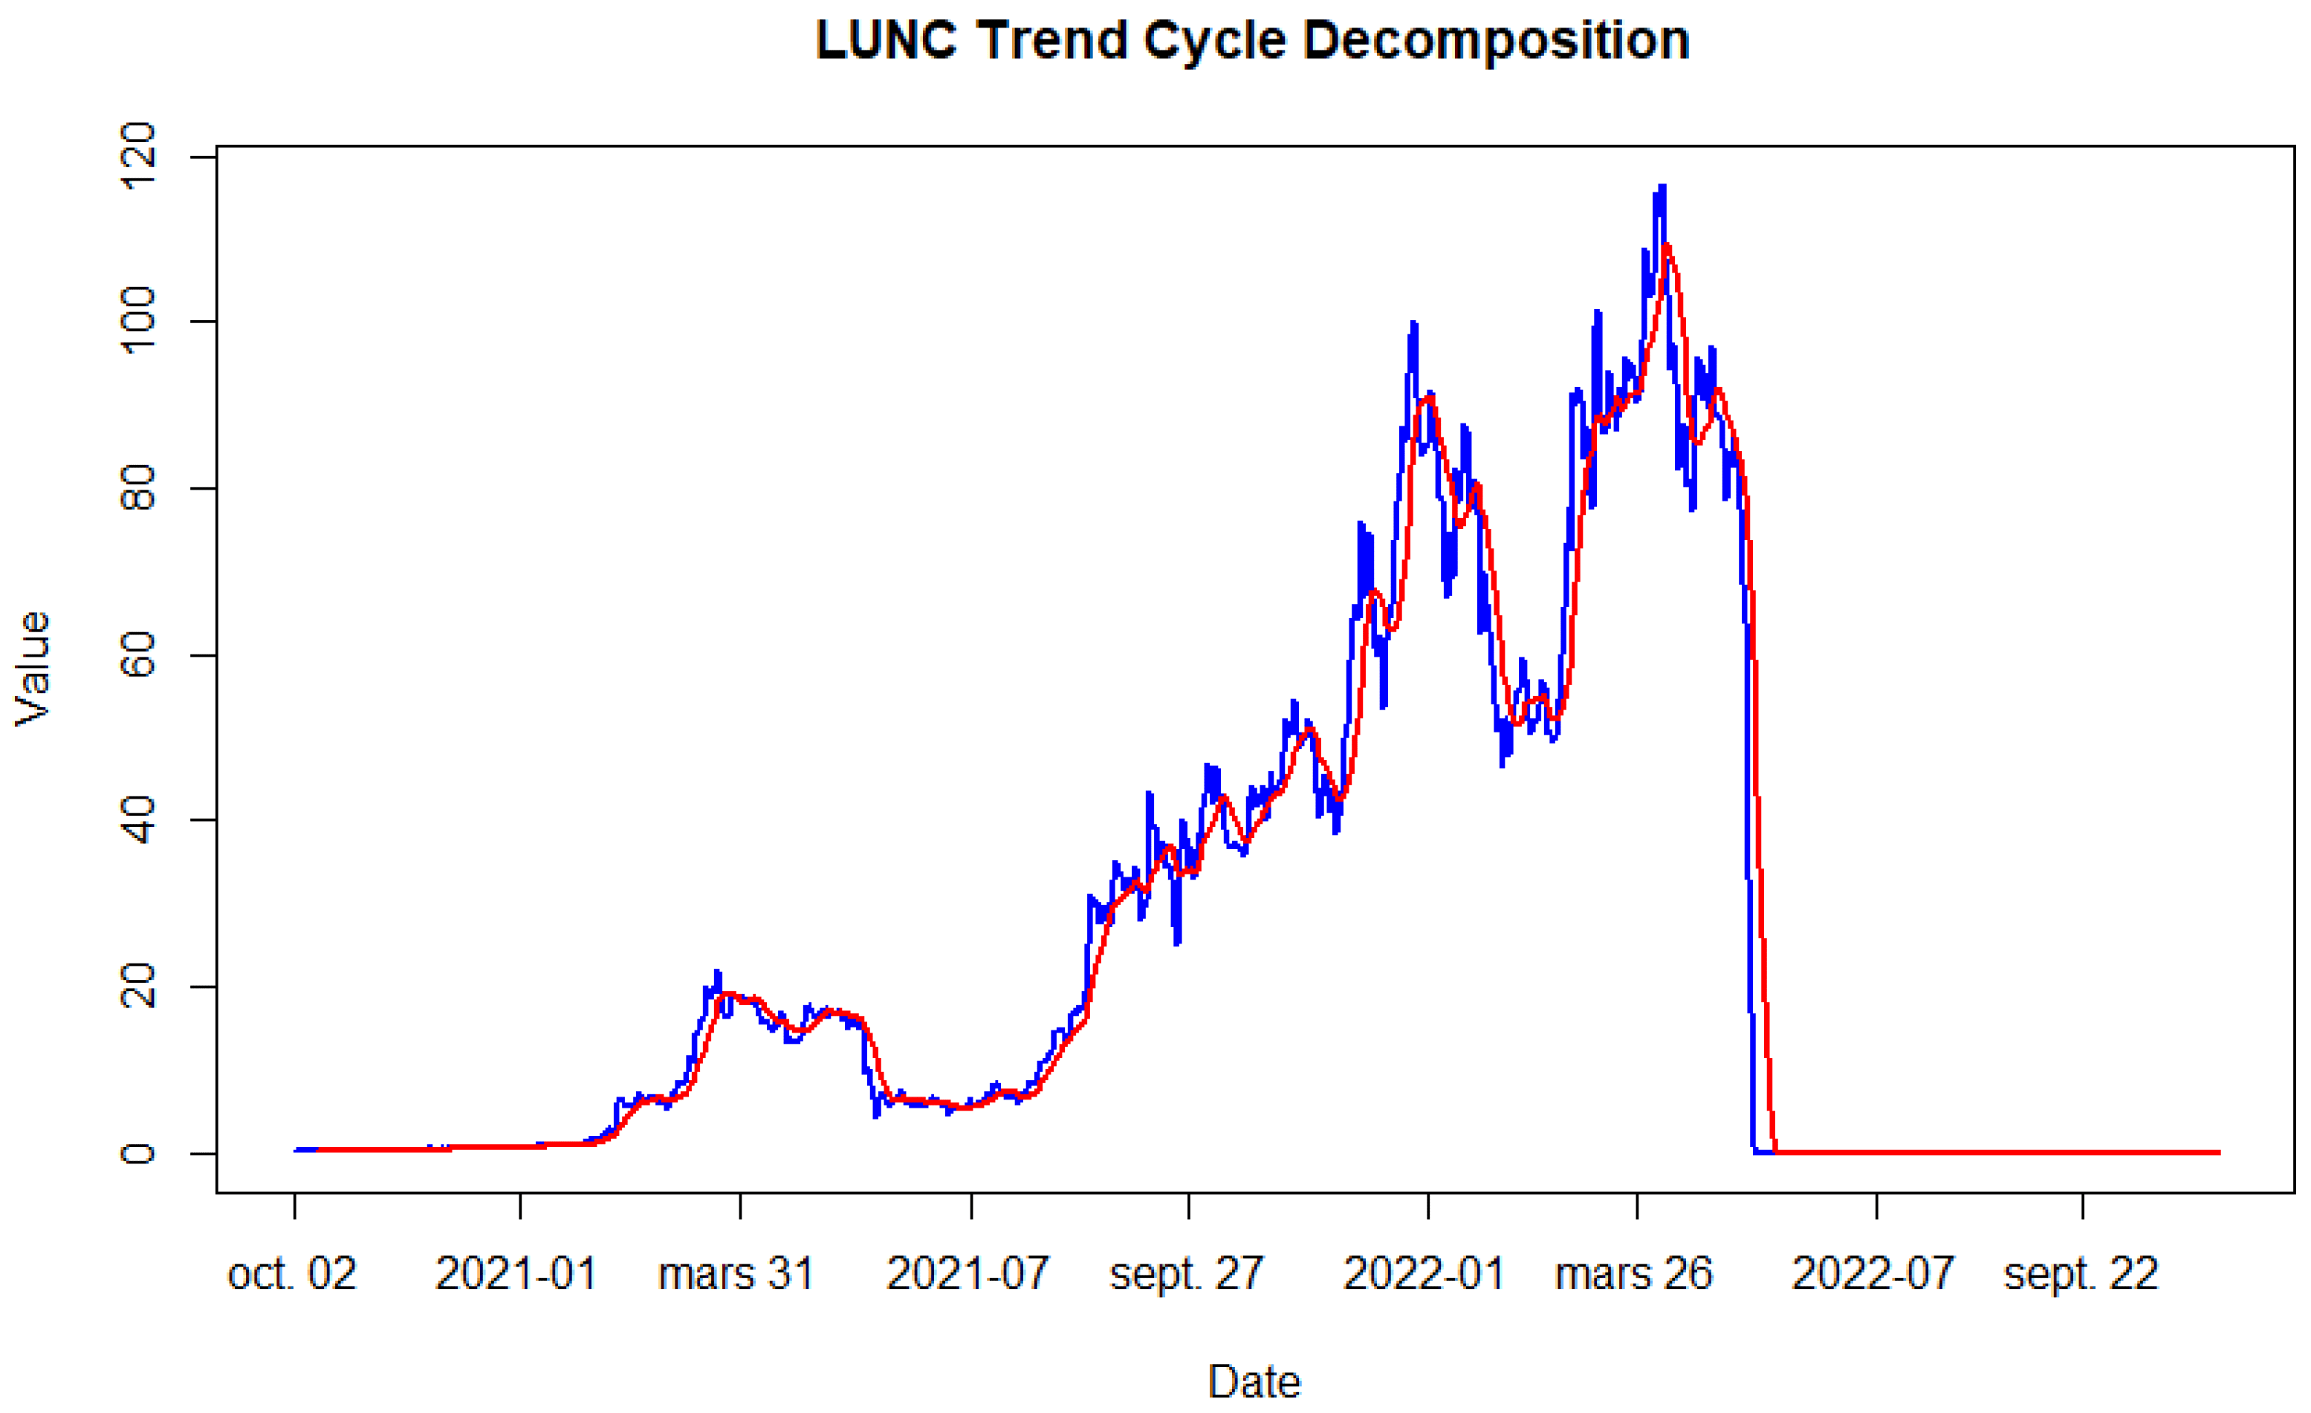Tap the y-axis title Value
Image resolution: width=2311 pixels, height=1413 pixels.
33,669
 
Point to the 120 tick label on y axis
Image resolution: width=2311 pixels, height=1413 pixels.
138,156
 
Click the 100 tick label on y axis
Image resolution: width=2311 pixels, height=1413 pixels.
138,321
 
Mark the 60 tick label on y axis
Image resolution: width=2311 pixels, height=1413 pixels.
138,654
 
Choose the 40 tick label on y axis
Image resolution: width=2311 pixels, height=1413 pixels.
138,819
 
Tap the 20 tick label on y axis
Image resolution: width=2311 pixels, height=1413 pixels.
138,987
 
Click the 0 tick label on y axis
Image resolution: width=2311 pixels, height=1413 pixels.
138,1152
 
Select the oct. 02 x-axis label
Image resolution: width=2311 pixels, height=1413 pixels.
293,1274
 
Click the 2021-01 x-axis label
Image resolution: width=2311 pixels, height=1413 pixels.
516,1274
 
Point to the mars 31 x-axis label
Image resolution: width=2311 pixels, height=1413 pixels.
736,1274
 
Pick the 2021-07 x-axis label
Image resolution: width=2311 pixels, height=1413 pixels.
968,1274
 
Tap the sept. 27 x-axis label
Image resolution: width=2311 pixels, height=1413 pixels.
1187,1274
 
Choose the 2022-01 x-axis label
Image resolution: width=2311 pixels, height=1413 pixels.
1424,1274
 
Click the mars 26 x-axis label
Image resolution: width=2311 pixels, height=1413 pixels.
1634,1274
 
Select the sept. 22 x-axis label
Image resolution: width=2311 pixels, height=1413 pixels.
2081,1274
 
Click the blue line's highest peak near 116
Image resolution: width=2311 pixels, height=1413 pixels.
1662,187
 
